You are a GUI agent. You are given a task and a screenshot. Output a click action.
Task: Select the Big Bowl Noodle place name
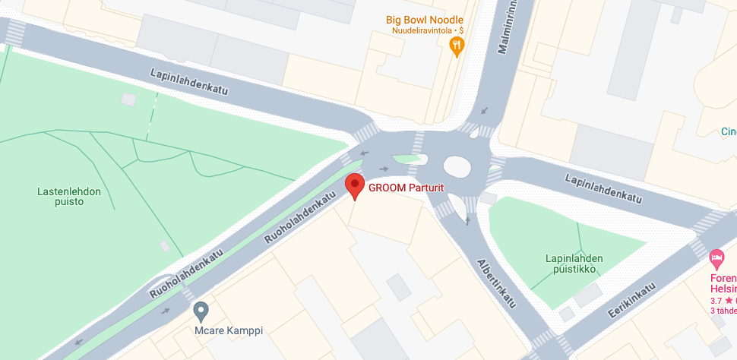[424, 20]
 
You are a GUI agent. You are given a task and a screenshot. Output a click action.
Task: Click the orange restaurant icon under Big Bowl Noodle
[456, 46]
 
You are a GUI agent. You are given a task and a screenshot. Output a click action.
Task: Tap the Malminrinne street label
[507, 29]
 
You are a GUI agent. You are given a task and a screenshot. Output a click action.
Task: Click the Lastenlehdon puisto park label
[69, 198]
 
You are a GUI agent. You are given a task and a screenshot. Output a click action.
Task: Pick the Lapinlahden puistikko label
[574, 264]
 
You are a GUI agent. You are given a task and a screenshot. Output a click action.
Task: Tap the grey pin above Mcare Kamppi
[201, 310]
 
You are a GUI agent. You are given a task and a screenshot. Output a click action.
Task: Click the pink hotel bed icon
[716, 259]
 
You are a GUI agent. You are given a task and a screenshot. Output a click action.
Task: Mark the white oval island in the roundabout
[458, 166]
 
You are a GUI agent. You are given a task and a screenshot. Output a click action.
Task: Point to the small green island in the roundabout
[407, 159]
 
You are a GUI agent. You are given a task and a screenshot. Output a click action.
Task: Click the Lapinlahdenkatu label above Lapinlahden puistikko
[603, 188]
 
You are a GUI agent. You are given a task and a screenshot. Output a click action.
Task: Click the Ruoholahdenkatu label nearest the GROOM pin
[300, 217]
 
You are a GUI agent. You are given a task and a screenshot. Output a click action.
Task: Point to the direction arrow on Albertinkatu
[467, 221]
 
